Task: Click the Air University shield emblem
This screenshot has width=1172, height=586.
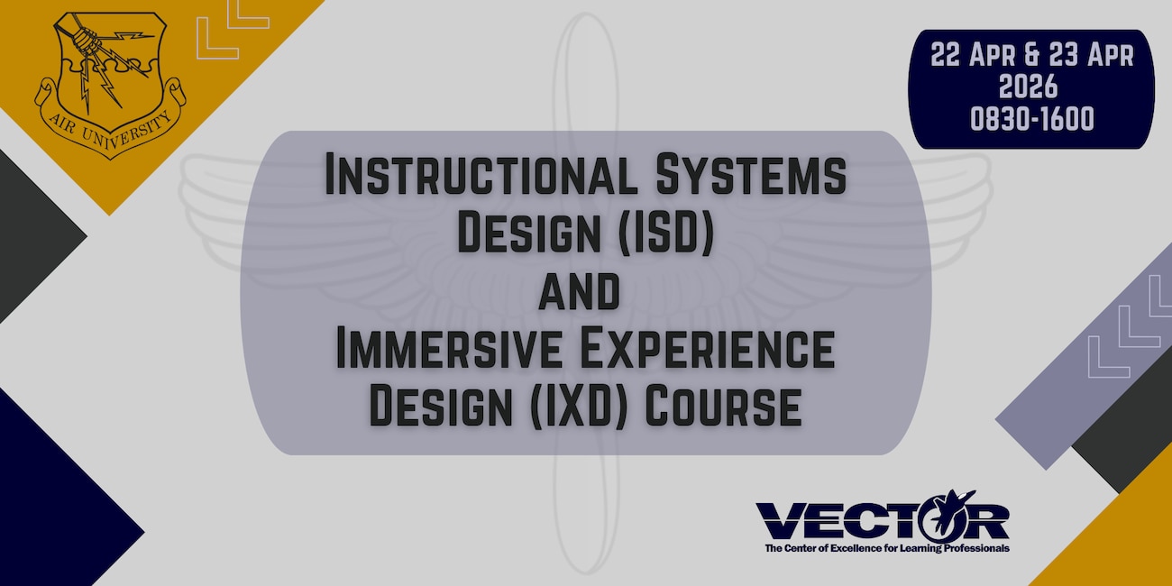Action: pyautogui.click(x=108, y=77)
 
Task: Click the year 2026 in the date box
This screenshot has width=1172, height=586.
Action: pyautogui.click(x=1032, y=87)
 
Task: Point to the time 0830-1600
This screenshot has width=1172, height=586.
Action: pyautogui.click(x=1032, y=119)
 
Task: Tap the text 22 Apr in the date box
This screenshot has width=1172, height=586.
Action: pyautogui.click(x=967, y=55)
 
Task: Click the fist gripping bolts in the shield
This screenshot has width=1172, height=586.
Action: pyautogui.click(x=86, y=41)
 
